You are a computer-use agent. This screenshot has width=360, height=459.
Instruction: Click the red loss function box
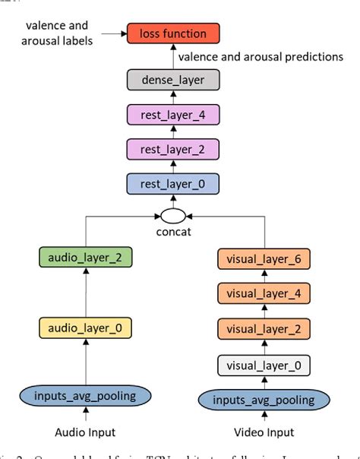click(x=172, y=33)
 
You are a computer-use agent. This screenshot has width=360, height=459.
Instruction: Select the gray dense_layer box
click(x=172, y=78)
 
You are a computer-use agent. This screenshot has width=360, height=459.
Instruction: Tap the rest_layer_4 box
click(x=172, y=115)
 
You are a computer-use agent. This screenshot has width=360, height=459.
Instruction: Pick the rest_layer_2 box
click(x=172, y=149)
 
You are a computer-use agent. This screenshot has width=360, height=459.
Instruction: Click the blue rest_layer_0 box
click(x=172, y=183)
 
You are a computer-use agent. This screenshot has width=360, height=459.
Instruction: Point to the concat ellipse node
click(x=172, y=214)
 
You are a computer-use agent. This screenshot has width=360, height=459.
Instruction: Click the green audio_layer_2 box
click(x=85, y=258)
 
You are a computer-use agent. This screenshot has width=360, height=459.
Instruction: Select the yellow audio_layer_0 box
click(x=85, y=328)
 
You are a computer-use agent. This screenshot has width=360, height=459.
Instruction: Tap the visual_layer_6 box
click(x=261, y=259)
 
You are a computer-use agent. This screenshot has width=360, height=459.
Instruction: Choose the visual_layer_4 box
click(x=261, y=294)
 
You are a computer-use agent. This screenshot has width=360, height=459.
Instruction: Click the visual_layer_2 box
click(x=261, y=329)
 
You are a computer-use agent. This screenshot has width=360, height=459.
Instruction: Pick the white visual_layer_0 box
click(x=261, y=364)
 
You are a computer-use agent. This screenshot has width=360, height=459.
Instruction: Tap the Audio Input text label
click(x=85, y=433)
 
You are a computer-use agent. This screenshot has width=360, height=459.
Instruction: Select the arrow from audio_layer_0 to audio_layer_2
click(x=85, y=293)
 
